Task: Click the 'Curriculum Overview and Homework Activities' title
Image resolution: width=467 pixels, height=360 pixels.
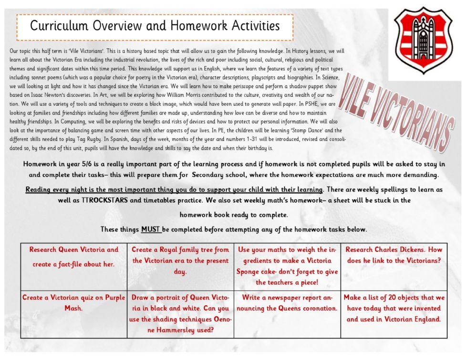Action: point(155,26)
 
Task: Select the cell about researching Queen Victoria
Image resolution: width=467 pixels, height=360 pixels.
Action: point(74,257)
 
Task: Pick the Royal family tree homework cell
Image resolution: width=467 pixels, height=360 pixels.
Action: point(180,260)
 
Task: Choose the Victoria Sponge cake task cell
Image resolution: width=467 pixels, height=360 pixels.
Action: point(287,266)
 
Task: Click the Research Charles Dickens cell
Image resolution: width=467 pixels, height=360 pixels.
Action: point(394,255)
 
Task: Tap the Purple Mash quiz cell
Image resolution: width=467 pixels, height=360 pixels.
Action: point(73,303)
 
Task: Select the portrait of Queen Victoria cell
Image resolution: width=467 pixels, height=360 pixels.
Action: point(180,314)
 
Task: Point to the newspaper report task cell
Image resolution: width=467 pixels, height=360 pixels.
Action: point(287,303)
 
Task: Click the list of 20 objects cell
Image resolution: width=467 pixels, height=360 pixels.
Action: point(394,308)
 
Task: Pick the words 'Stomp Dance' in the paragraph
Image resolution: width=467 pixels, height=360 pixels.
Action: point(307,130)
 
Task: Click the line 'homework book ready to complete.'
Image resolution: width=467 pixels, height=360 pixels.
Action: point(234,215)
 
